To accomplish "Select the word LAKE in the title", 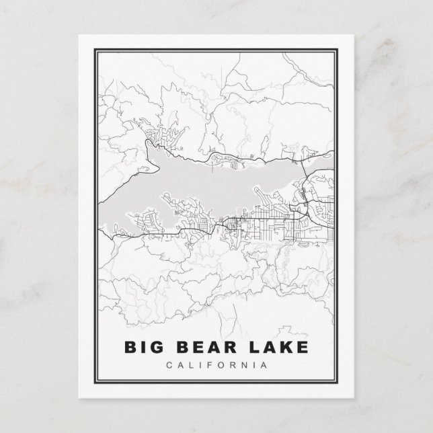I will click(278, 349).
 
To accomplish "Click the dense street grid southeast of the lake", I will click(296, 229).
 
